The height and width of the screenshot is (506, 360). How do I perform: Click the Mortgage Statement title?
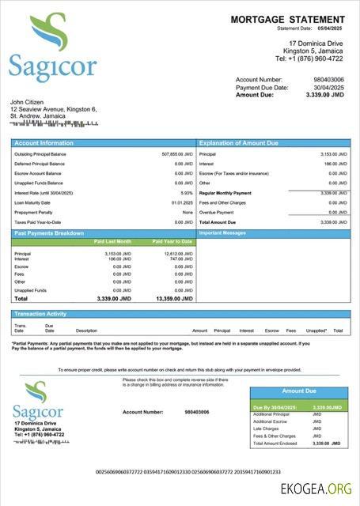tap(287, 19)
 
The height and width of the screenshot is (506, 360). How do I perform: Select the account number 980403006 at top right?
tap(328, 79)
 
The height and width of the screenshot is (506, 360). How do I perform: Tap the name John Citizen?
tap(28, 102)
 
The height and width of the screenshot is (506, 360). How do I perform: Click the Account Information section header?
tap(44, 143)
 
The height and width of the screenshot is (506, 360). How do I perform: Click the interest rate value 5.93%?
tap(187, 192)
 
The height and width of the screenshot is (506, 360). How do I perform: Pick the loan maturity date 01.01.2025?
tap(182, 202)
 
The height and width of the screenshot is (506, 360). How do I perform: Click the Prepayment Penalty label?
tap(34, 212)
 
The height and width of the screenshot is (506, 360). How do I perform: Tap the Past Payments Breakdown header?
tap(49, 233)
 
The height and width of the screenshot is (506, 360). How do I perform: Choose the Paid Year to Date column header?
tap(172, 241)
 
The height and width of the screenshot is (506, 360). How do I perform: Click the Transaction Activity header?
tap(40, 314)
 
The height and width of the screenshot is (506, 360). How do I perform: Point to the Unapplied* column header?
tap(316, 330)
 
